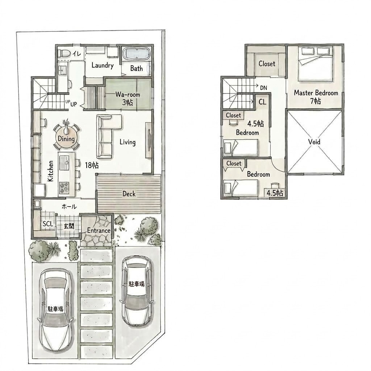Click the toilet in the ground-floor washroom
pos(64,53)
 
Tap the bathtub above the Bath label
pos(137,54)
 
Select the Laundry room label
pos(103,65)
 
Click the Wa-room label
pos(128,95)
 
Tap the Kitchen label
pos(50,171)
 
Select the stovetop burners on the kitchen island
pos(64,187)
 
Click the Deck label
pos(129,194)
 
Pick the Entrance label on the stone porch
pos(99,230)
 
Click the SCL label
pos(48,224)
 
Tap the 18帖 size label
pos(92,165)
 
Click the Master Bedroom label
pos(316,93)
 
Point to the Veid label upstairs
pos(314,142)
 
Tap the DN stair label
pos(264,88)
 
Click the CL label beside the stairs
pos(262,102)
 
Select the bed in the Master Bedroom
pos(316,63)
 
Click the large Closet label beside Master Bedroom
pos(267,64)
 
